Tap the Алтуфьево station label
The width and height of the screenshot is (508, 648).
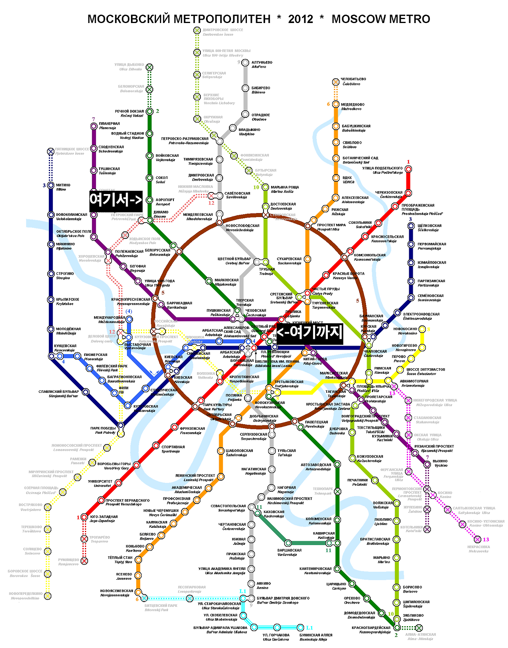pyautogui.click(x=262, y=64)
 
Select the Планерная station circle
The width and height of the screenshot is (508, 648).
pyautogui.click(x=94, y=126)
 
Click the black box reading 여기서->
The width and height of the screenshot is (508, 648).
pyautogui.click(x=115, y=199)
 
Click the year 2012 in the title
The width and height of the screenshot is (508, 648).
pyautogui.click(x=300, y=19)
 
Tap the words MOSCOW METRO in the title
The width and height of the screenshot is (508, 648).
pyautogui.click(x=381, y=19)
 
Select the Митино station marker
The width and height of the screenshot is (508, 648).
pyautogui.click(x=51, y=185)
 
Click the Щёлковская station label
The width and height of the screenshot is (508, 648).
pyautogui.click(x=429, y=228)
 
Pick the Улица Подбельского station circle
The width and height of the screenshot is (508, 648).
pyautogui.click(x=408, y=169)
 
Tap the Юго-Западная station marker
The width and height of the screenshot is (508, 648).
pyautogui.click(x=84, y=517)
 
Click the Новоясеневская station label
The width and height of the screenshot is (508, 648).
pyautogui.click(x=117, y=593)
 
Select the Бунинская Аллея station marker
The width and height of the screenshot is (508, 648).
pyautogui.click(x=300, y=627)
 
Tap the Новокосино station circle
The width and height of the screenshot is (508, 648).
pyautogui.click(x=423, y=329)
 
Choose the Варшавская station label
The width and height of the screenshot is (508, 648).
pyautogui.click(x=289, y=552)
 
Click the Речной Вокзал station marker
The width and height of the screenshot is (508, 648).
pyautogui.click(x=150, y=112)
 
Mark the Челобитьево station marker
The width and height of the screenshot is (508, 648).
pyautogui.click(x=336, y=82)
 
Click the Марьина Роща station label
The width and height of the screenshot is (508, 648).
pyautogui.click(x=285, y=189)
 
